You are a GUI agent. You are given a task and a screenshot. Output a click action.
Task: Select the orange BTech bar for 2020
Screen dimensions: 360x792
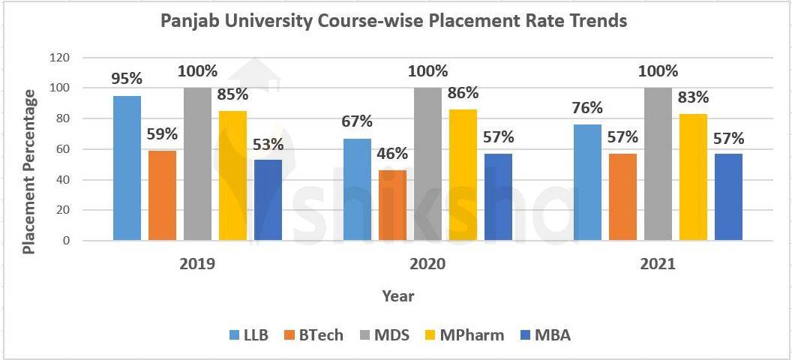click(x=392, y=205)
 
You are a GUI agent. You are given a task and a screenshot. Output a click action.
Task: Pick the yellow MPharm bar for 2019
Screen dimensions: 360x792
click(x=233, y=175)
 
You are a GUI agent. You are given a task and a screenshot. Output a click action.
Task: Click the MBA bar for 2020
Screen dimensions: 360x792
click(x=498, y=196)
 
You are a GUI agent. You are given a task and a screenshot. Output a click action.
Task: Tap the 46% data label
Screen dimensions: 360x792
click(x=392, y=154)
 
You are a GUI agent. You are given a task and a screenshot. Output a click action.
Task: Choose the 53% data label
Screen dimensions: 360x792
click(x=268, y=144)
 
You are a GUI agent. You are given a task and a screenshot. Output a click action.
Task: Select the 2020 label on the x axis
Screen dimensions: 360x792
click(x=427, y=265)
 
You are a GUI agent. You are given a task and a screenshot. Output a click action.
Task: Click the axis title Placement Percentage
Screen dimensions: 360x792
click(x=30, y=171)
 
